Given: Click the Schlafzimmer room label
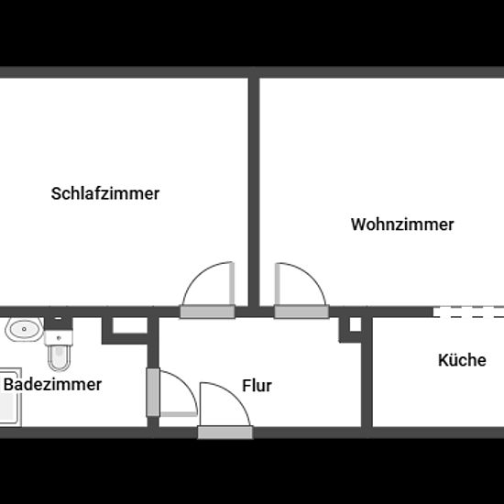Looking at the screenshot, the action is tap(105, 193).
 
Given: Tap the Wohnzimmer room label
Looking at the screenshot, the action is tap(402, 225).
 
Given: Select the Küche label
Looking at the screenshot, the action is tap(462, 360).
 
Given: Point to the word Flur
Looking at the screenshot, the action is tap(257, 386).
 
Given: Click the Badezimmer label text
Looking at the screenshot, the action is tap(52, 385).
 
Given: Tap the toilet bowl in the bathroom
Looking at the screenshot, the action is tap(59, 357).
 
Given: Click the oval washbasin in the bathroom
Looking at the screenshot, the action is tap(24, 329).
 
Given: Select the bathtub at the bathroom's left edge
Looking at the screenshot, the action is tap(11, 398).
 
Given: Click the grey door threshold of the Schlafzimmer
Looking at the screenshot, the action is tap(207, 312).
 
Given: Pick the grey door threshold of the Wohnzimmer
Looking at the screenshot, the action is tap(301, 312).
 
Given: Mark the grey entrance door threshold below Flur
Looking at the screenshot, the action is tap(225, 433).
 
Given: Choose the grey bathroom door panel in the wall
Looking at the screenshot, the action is tap(153, 392).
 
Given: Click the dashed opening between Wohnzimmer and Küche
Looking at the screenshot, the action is tap(468, 312).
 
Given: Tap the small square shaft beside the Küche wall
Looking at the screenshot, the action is tap(356, 324).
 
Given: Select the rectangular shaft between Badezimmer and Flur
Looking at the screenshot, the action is tap(130, 325).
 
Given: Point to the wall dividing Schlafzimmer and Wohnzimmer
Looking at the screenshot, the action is tap(254, 192).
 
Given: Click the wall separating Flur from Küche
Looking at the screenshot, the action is tap(367, 372).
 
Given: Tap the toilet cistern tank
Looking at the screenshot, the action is tap(59, 337).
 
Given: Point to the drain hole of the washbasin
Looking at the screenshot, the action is tap(24, 329).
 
